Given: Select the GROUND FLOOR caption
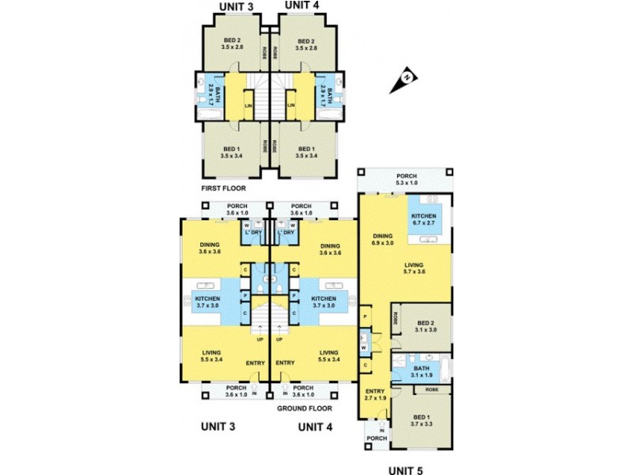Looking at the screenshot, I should [x=304, y=408].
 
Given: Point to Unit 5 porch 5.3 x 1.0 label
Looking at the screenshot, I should [x=404, y=180].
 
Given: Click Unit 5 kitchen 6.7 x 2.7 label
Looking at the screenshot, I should [x=424, y=220].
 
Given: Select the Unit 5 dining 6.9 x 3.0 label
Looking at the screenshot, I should [x=382, y=238].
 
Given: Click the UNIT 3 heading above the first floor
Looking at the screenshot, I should [x=236, y=6].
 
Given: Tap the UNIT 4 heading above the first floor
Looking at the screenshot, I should [x=301, y=6].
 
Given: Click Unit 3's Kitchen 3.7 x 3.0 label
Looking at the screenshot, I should [x=208, y=301].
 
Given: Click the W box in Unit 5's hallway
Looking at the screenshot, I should [x=363, y=347].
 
